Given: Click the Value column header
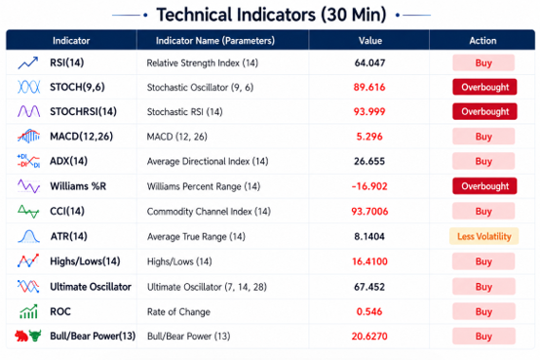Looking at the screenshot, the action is point(370,41).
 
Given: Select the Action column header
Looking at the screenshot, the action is point(482,41).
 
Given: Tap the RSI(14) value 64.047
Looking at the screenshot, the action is point(369,62).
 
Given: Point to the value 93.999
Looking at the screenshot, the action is point(369,112).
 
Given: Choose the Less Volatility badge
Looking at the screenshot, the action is point(483,236).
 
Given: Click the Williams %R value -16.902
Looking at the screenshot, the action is point(369,186).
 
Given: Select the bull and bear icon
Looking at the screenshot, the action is point(28,336).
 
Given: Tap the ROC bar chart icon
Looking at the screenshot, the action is point(28,311).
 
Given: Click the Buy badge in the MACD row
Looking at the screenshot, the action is point(483,137).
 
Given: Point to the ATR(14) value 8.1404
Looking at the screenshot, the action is point(369,236).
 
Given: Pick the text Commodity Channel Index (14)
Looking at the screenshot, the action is point(209,212).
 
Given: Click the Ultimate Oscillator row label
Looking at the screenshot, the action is point(91,287).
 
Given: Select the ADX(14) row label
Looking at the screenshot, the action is point(69,161).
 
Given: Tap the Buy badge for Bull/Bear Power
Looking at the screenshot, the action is point(483,337).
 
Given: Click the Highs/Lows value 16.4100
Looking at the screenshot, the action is point(369,261).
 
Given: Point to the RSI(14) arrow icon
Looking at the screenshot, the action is point(28,62).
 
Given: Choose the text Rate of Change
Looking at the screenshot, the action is point(178,312).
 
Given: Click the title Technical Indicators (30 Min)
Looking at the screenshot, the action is point(271,15).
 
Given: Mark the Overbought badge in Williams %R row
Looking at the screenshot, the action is point(484,186).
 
